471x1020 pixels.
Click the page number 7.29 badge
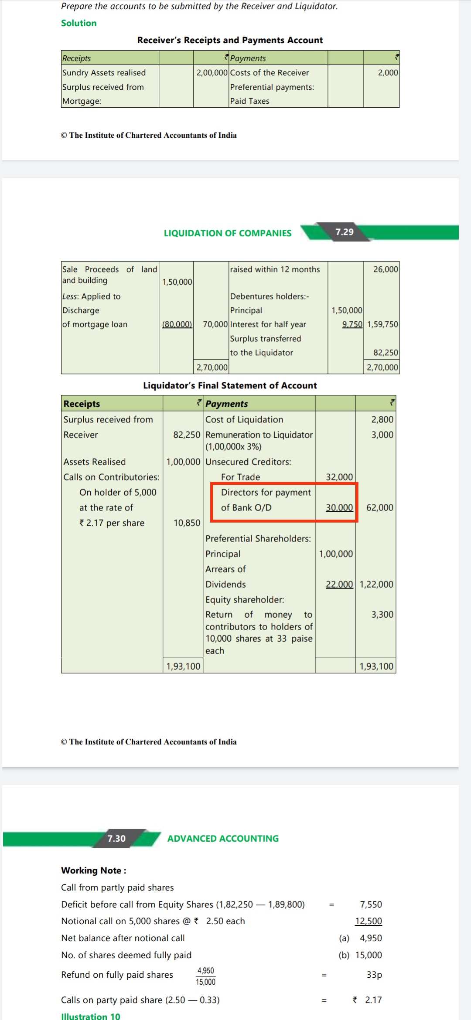pyautogui.click(x=344, y=232)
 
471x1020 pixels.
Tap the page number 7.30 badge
pyautogui.click(x=116, y=838)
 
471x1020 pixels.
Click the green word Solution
pyautogui.click(x=78, y=23)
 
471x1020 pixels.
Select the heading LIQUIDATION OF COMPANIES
pyautogui.click(x=227, y=233)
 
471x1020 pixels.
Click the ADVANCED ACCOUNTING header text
pyautogui.click(x=223, y=838)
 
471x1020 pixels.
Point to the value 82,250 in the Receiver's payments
pyautogui.click(x=386, y=353)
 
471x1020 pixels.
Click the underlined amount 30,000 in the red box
pyautogui.click(x=339, y=507)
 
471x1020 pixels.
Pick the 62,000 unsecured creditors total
pyautogui.click(x=379, y=507)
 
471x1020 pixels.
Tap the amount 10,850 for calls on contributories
pyautogui.click(x=187, y=523)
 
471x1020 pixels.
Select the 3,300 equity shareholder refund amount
pyautogui.click(x=382, y=614)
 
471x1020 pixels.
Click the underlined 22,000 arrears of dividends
pyautogui.click(x=339, y=584)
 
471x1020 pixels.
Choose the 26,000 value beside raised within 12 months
pyautogui.click(x=386, y=269)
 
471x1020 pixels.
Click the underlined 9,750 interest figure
pyautogui.click(x=352, y=324)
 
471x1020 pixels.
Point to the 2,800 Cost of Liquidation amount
pyautogui.click(x=382, y=419)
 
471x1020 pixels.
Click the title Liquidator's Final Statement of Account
pyautogui.click(x=230, y=385)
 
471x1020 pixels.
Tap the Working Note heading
pyautogui.click(x=93, y=870)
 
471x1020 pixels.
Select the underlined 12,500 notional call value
pyautogui.click(x=369, y=921)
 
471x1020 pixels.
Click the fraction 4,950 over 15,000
pyautogui.click(x=205, y=976)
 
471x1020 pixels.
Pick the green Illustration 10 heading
pyautogui.click(x=90, y=1016)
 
